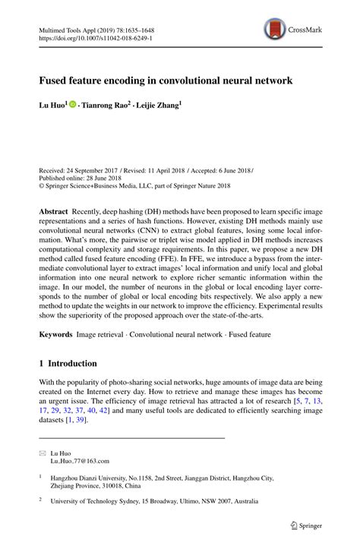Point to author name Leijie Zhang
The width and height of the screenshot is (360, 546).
pos(159,106)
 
